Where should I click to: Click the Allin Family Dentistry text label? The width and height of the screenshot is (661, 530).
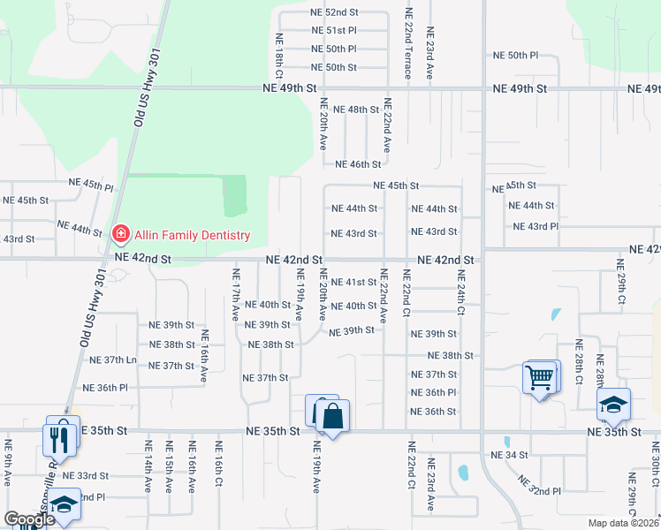click(192, 236)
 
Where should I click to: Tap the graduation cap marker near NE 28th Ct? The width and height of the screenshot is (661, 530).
click(613, 405)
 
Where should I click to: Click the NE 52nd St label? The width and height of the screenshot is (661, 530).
click(334, 12)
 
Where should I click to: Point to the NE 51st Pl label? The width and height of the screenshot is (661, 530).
click(334, 30)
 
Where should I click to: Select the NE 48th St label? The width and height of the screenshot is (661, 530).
click(359, 110)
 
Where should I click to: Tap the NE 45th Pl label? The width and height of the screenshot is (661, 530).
click(92, 187)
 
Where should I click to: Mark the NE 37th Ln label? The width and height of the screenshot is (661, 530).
click(113, 360)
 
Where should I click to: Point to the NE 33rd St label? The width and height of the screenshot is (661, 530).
click(86, 475)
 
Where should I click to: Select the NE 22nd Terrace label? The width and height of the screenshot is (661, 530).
click(407, 44)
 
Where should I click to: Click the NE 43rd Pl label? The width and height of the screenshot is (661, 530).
click(536, 227)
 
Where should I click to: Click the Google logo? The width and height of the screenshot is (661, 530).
click(29, 519)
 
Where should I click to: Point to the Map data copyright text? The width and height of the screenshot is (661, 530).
click(625, 523)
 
